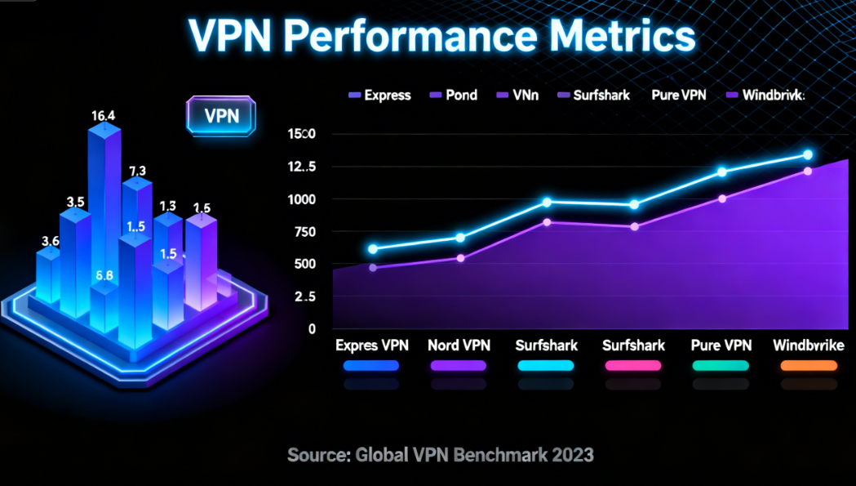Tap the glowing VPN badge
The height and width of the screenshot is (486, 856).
221,115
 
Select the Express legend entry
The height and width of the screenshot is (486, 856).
379,96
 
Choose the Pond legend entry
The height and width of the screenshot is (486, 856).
455,96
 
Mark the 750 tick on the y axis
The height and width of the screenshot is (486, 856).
301,232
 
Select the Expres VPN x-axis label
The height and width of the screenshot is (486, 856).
372,346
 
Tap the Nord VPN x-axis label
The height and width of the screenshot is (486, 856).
459,346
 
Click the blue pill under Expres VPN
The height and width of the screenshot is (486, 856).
371,366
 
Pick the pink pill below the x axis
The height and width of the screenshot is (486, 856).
633,366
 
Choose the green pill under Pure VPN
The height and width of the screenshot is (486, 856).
721,366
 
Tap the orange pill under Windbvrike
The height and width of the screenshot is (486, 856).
808,366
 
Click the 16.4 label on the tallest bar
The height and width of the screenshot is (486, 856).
103,116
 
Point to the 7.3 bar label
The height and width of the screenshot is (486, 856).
137,171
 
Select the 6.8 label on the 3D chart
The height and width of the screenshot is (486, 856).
104,275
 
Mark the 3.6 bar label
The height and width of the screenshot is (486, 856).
50,241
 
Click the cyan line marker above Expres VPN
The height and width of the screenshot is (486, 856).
373,249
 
